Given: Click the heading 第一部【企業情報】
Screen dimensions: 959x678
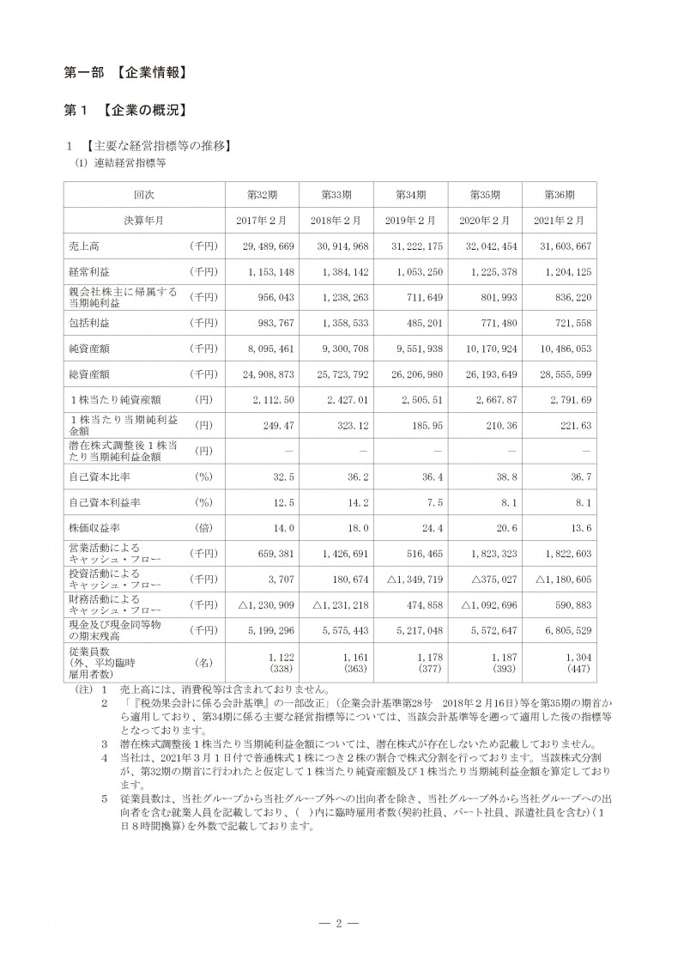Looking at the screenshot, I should click(126, 73).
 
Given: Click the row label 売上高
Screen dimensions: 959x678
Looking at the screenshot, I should click(83, 246).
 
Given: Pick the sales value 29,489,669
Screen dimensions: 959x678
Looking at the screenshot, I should click(264, 246).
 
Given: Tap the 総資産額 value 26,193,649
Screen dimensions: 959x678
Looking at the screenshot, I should click(487, 375).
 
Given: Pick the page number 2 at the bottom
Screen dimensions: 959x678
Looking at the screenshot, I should click(339, 924).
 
